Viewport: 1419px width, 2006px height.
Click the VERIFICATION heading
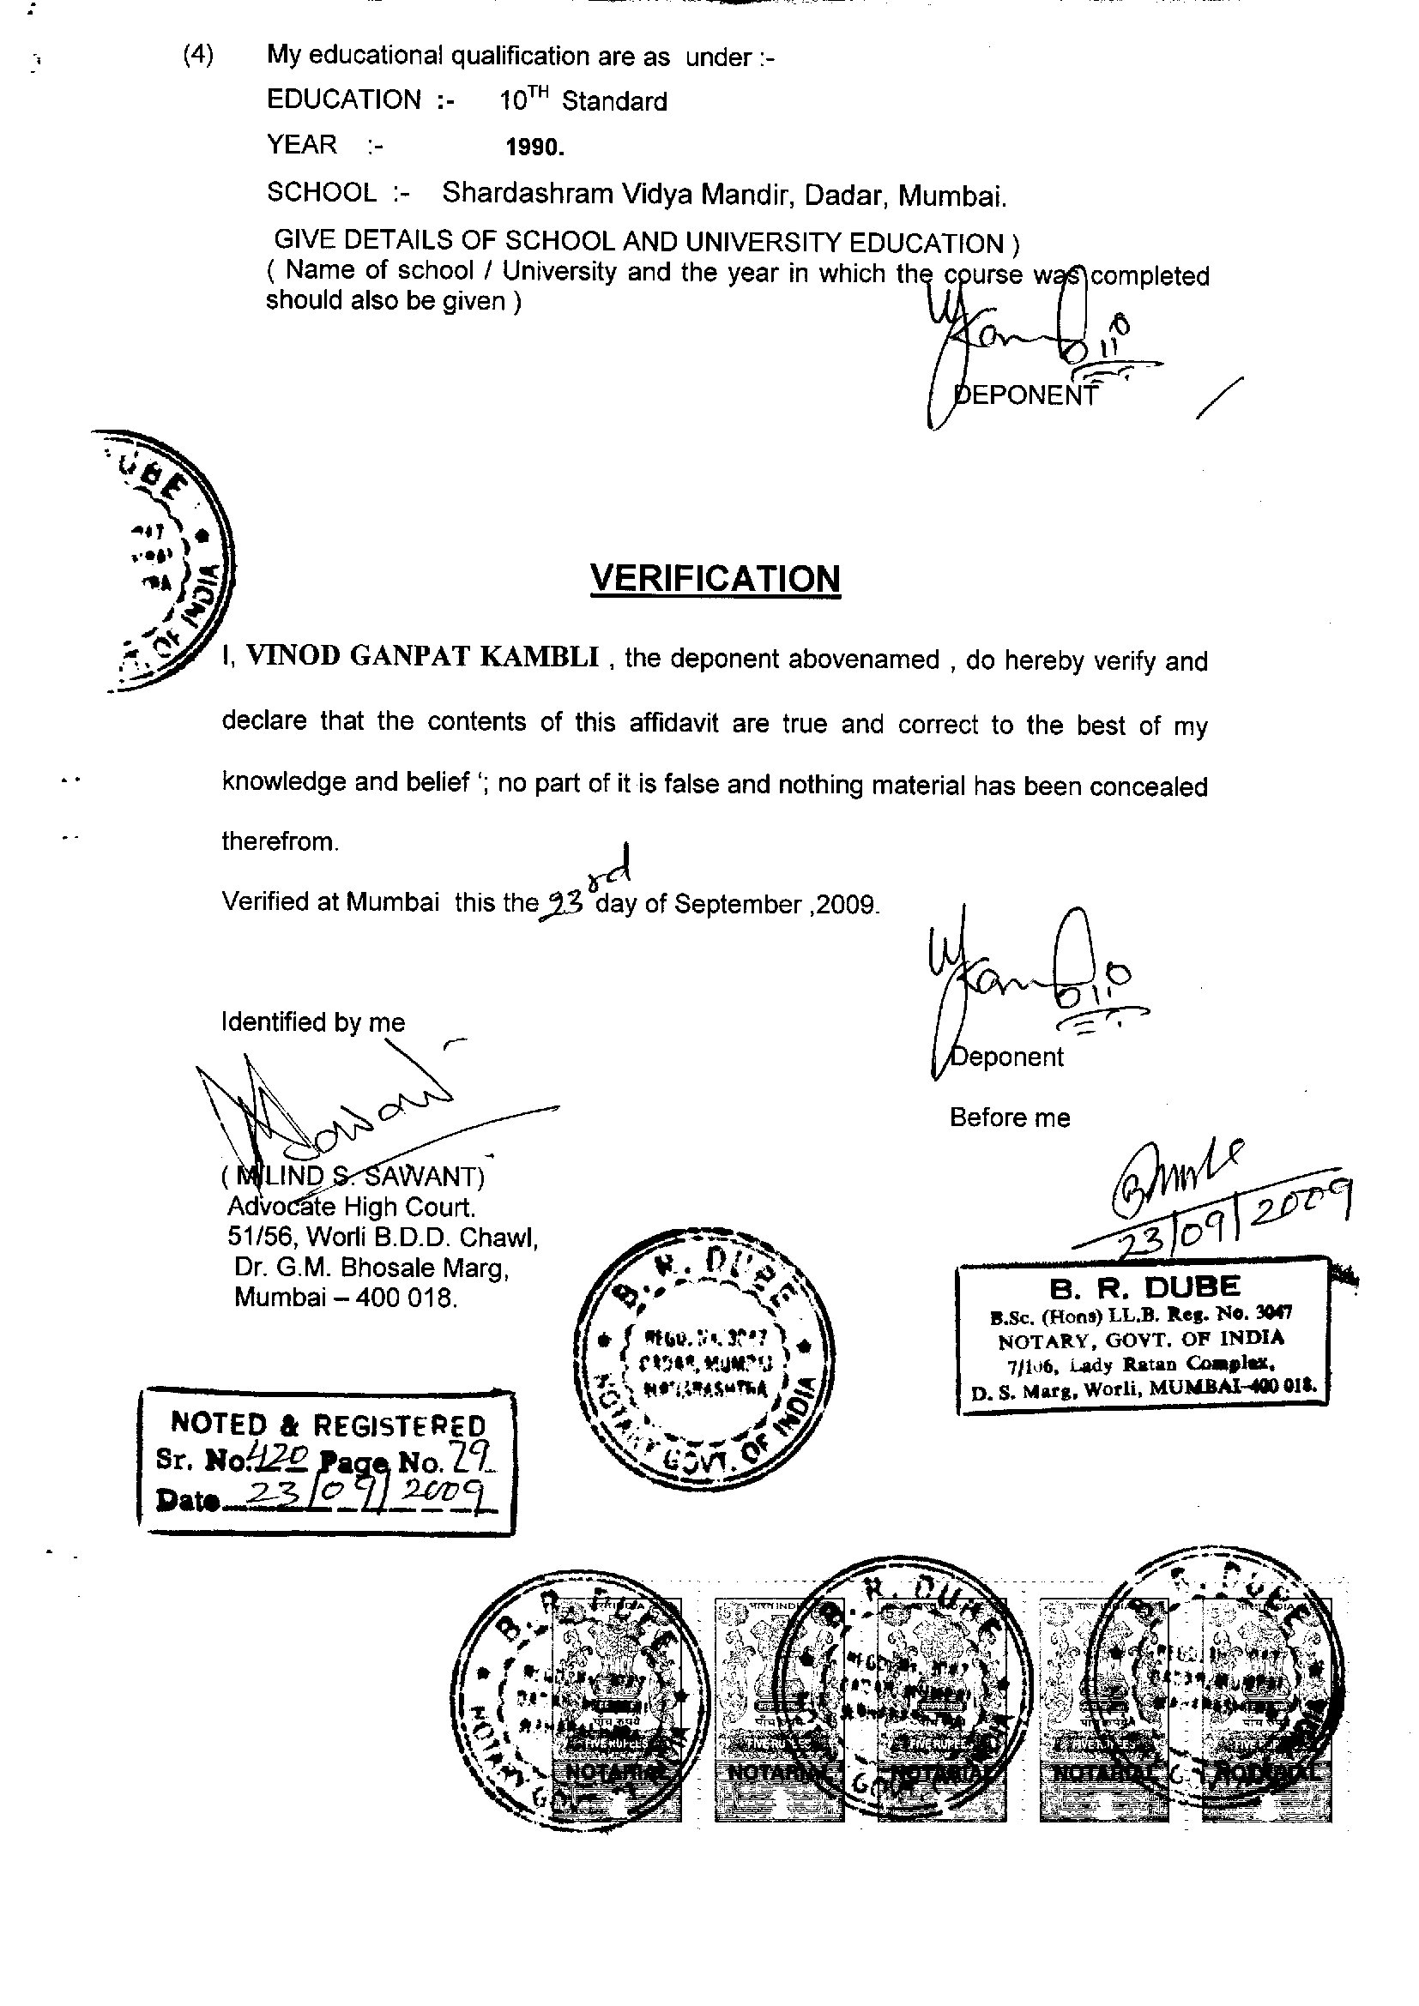coord(715,578)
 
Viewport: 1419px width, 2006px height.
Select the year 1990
coord(534,148)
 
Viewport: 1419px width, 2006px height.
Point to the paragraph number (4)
coord(198,55)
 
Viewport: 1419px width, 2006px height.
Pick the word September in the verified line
coord(738,904)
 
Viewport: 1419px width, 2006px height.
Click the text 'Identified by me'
coord(313,1021)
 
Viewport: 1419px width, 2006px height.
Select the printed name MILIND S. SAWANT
coord(353,1176)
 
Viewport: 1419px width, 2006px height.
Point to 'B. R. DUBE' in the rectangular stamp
coord(1144,1287)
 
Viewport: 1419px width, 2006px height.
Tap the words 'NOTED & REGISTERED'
coord(328,1425)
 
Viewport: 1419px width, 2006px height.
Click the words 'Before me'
coord(1009,1117)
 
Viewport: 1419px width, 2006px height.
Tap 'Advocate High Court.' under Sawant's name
coord(351,1208)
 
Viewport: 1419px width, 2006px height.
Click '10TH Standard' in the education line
coord(583,100)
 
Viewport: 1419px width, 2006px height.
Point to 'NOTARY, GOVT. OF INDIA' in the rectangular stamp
coord(1141,1338)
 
